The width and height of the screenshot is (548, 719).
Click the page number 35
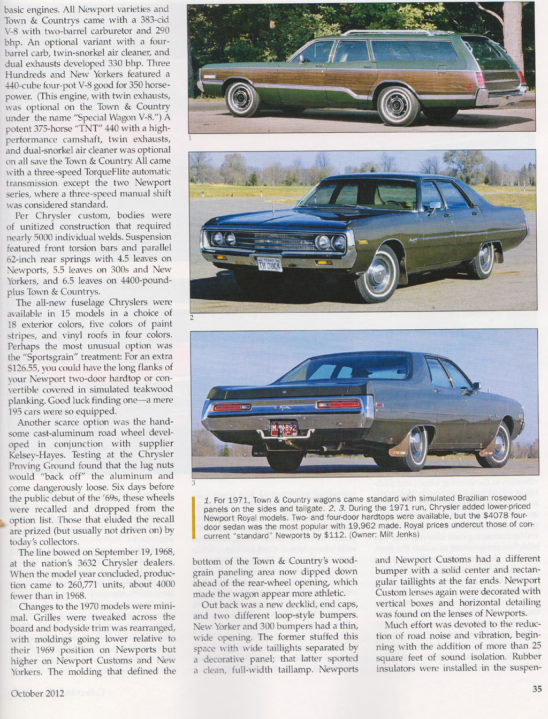pyautogui.click(x=537, y=689)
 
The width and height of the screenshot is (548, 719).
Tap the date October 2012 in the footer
pyautogui.click(x=37, y=693)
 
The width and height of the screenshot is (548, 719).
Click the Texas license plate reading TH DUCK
pyautogui.click(x=269, y=264)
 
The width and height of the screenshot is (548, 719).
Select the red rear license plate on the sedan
pyautogui.click(x=284, y=429)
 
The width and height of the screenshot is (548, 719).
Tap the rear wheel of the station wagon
pyautogui.click(x=398, y=105)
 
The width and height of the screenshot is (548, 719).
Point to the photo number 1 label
pyautogui.click(x=190, y=138)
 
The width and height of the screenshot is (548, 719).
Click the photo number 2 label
pyautogui.click(x=191, y=317)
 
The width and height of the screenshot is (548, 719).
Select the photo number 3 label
pyautogui.click(x=193, y=482)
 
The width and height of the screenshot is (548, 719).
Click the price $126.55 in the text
pyautogui.click(x=23, y=368)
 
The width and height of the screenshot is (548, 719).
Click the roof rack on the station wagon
pyautogui.click(x=407, y=33)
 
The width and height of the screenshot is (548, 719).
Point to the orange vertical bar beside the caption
pyautogui.click(x=194, y=517)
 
